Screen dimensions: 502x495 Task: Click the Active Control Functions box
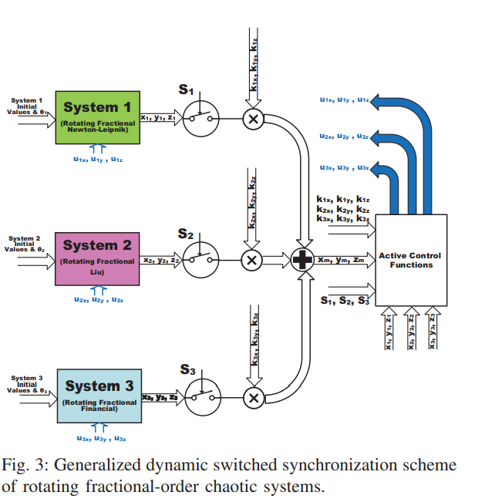(411, 260)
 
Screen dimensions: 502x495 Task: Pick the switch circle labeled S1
(203, 118)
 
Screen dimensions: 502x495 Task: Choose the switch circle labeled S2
(203, 260)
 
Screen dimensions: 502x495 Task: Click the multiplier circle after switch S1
(253, 118)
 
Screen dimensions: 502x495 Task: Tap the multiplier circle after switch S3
(254, 397)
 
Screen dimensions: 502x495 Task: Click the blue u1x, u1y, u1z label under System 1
(96, 160)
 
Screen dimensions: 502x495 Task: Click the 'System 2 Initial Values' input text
(29, 244)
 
